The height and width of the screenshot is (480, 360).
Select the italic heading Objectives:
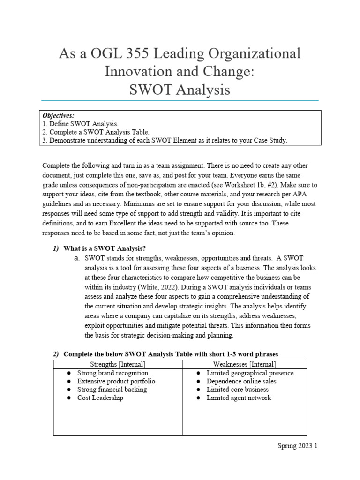(59, 115)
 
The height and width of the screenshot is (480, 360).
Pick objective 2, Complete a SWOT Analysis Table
(96, 132)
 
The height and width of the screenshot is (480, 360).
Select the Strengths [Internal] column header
(117, 364)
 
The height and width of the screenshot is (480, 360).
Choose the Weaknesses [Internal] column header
(244, 364)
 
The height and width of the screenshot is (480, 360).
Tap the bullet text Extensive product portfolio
(116, 381)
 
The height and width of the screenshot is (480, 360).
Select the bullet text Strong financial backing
(112, 390)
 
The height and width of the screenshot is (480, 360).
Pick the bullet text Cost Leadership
(100, 397)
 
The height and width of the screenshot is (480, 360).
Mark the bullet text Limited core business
(237, 390)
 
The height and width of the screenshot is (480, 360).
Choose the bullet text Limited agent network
(239, 397)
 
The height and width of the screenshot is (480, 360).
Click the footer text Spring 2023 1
(298, 446)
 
